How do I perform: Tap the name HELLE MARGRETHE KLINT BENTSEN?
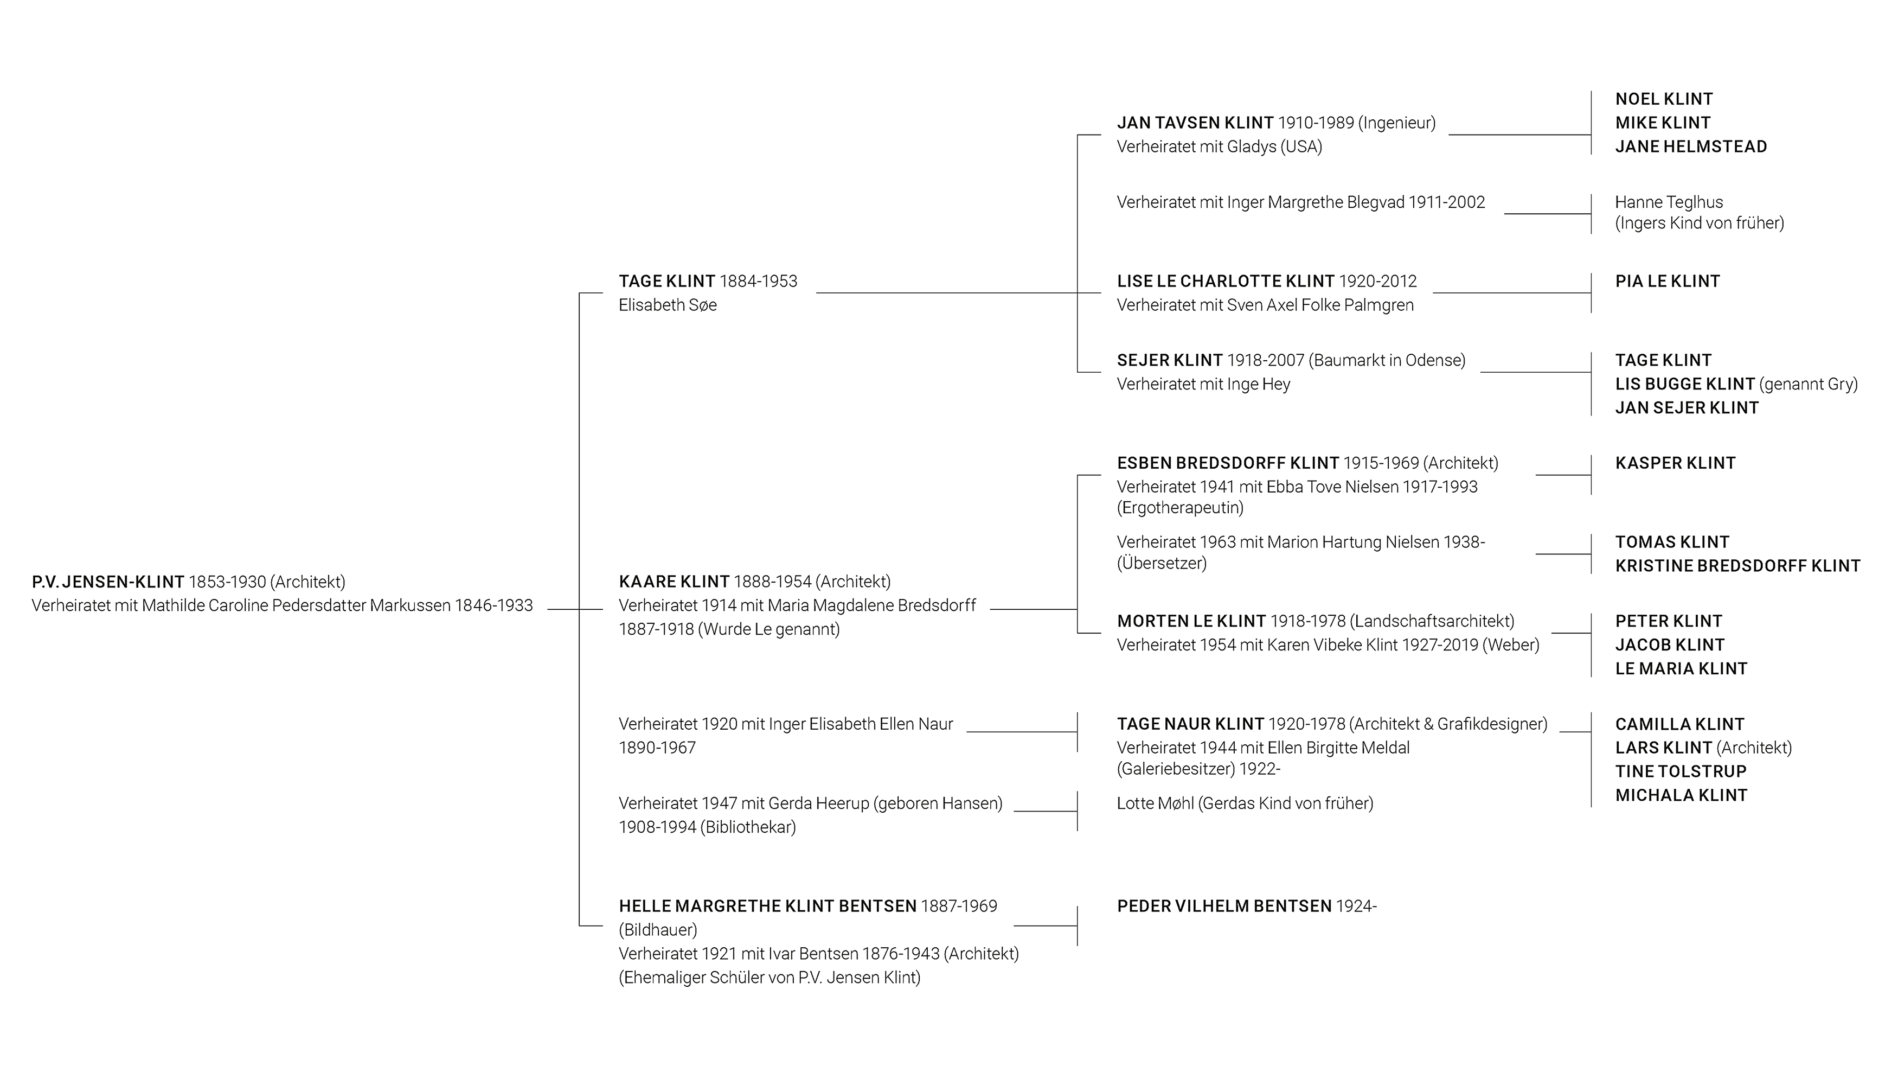coord(767,906)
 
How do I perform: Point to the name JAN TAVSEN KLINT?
coord(1195,123)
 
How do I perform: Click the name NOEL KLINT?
coord(1664,99)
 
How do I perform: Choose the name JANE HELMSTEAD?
coord(1691,147)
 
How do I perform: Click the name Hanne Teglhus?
coord(1669,202)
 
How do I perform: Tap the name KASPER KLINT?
coord(1675,463)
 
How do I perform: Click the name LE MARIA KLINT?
coord(1681,669)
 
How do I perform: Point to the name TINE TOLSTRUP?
coord(1681,772)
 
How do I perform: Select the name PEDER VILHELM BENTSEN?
coord(1224,906)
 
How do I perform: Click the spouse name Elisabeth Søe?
coord(668,305)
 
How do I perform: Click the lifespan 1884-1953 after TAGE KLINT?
coord(758,282)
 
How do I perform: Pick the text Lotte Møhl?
coord(1155,803)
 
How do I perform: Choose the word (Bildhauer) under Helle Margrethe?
coord(658,930)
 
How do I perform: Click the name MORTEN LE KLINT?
coord(1191,622)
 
